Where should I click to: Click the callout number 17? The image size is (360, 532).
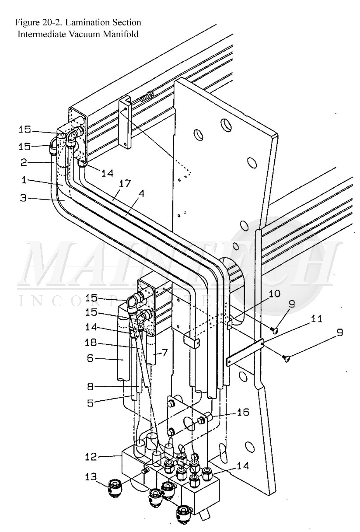(x=125, y=183)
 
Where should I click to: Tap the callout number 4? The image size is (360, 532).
(x=141, y=194)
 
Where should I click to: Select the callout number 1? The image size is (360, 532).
(x=24, y=180)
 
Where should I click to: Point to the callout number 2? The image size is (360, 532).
(x=24, y=163)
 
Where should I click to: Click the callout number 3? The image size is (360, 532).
(x=24, y=198)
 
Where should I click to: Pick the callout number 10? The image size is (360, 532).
(x=275, y=294)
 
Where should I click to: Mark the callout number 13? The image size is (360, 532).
(x=91, y=476)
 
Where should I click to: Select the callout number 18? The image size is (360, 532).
(x=91, y=342)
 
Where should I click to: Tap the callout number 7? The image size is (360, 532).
(x=165, y=351)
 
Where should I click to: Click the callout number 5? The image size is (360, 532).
(x=91, y=403)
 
